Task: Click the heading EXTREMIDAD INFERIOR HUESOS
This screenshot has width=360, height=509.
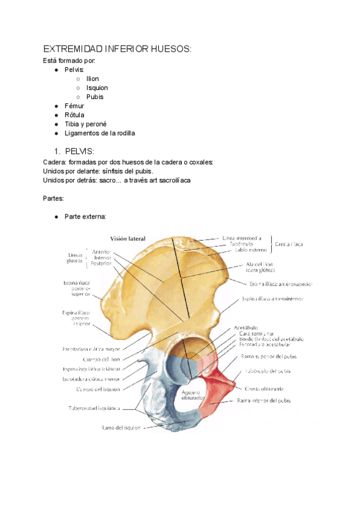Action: click(117, 49)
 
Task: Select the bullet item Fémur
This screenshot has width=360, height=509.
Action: click(74, 106)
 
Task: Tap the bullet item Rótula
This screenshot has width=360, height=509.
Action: click(74, 115)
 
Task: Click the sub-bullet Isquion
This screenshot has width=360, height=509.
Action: click(97, 88)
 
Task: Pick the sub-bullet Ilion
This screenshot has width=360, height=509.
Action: click(92, 79)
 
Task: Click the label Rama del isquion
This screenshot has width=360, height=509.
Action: click(120, 428)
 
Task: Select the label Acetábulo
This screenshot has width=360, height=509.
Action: click(246, 328)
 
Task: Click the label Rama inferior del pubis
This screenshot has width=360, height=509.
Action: click(264, 400)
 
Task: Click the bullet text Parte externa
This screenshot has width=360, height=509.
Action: click(85, 216)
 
